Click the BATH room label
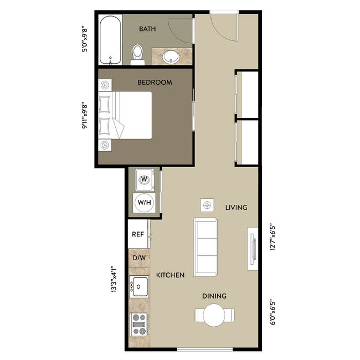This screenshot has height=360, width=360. pos(147,29)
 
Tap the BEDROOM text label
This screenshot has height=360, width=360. pos(155,82)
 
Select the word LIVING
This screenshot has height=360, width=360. pos(236,208)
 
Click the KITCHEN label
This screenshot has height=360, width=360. pos(170,275)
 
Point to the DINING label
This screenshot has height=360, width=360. pos(214,296)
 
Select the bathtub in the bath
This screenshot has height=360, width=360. pos(110,40)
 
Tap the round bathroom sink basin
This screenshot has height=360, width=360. pos(172,56)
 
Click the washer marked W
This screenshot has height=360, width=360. pos(145,179)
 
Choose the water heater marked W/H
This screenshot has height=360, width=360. pos(145,202)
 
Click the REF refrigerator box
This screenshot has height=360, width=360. pos(137,234)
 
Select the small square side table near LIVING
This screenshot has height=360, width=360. pos(207,205)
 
